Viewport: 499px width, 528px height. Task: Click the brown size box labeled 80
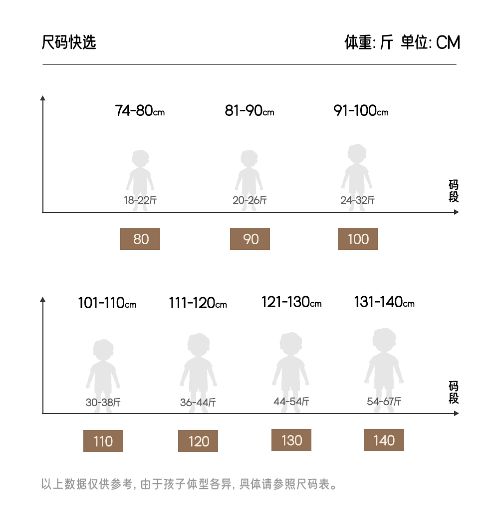140,239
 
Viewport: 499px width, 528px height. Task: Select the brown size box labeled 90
250,239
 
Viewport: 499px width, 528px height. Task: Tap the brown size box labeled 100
358,239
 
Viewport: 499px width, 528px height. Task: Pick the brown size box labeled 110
103,441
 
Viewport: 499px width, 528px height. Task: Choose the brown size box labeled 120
198,441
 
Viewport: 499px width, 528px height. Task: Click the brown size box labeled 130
291,440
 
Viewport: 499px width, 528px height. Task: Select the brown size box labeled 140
384,440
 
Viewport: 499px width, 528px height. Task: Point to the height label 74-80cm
140,110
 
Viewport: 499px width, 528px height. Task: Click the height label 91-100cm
361,110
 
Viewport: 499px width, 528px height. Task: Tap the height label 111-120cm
198,303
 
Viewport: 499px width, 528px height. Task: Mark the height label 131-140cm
384,302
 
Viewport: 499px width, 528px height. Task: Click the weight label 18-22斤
140,201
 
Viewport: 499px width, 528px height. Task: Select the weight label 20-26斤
249,201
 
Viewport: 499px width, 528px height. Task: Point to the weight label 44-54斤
291,402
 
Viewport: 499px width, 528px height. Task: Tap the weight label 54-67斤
384,402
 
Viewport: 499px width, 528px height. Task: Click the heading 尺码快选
69,42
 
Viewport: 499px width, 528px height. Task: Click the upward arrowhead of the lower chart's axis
43,300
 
